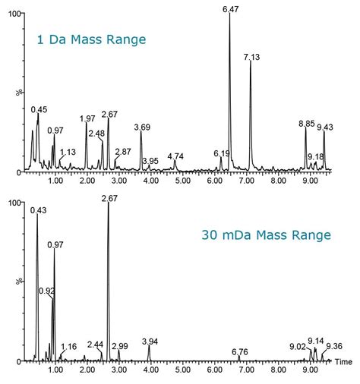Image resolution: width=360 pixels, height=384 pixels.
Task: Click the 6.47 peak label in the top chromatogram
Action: click(x=230, y=8)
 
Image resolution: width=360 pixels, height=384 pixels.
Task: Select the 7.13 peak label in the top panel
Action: click(x=251, y=57)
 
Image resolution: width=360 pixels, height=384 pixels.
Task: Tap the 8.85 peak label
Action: click(x=306, y=123)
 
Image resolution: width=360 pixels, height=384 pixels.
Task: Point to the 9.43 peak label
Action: click(x=325, y=127)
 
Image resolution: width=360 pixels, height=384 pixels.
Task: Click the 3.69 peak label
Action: click(x=142, y=127)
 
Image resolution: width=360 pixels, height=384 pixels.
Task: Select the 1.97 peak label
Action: click(x=87, y=118)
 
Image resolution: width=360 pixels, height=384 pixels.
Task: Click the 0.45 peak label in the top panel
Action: click(x=39, y=109)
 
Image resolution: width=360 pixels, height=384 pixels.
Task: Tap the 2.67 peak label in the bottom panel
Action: click(x=109, y=198)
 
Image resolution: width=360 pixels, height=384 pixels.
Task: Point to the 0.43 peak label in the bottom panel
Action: click(x=38, y=210)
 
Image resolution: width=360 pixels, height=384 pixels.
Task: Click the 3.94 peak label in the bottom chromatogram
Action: click(x=150, y=342)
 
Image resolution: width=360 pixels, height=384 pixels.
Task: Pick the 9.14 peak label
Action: click(x=316, y=341)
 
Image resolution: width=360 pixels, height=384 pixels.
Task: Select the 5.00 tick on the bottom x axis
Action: click(x=182, y=372)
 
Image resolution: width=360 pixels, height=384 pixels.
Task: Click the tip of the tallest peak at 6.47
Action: click(x=229, y=14)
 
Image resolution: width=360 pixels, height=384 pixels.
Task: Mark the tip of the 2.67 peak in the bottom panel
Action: click(x=109, y=203)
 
